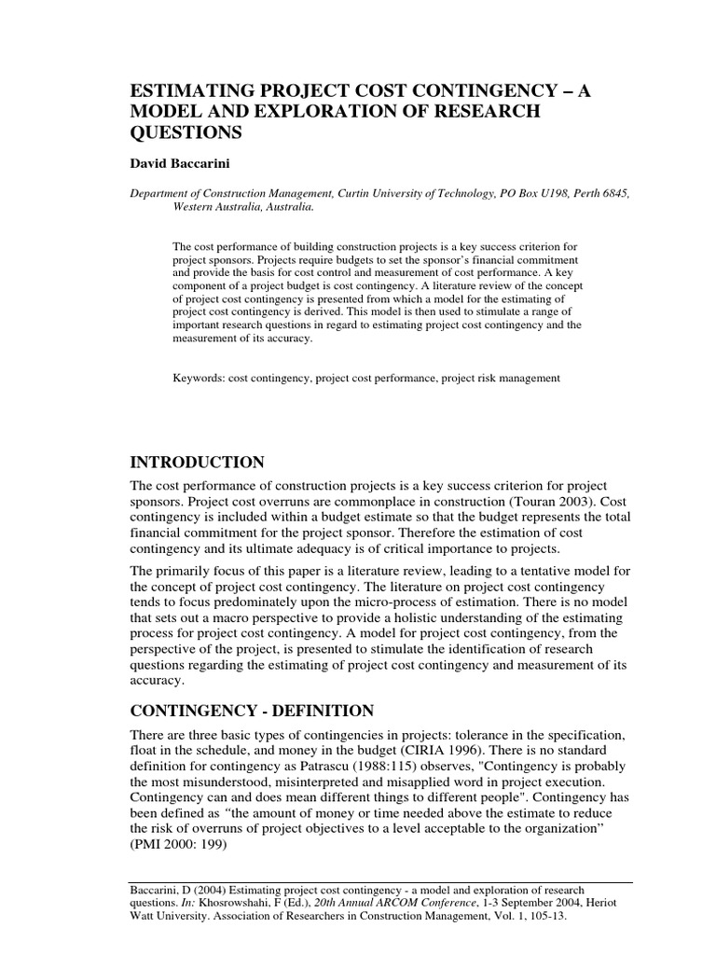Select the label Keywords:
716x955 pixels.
[x=198, y=378]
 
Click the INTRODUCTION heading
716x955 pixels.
[x=197, y=464]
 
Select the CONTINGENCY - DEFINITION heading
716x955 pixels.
[x=252, y=711]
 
